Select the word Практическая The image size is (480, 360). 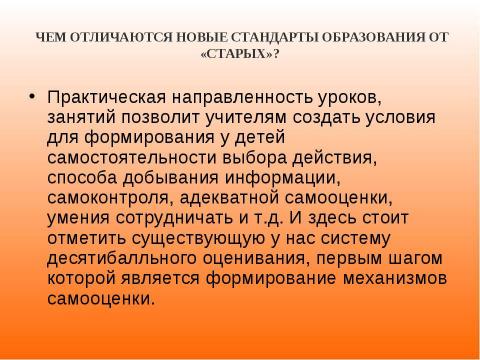click(101, 98)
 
